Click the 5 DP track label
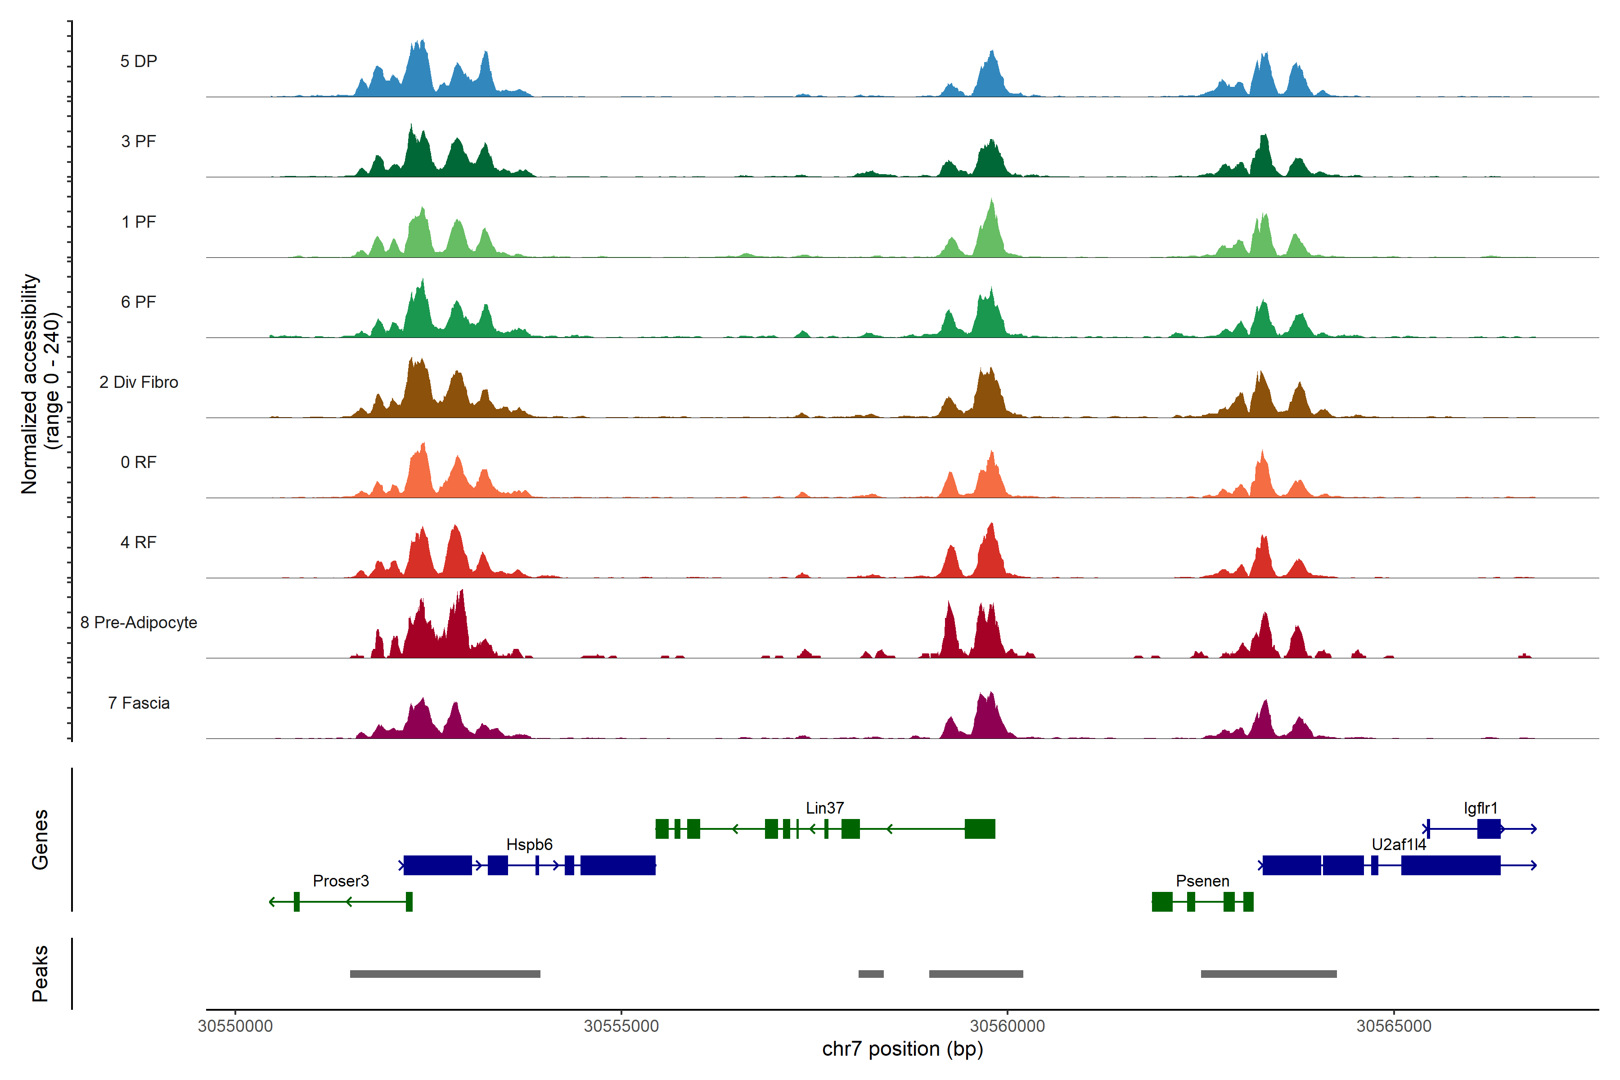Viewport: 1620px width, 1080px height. pos(139,61)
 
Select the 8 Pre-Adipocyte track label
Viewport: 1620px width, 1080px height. pos(139,623)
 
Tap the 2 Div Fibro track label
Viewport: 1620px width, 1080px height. pos(139,382)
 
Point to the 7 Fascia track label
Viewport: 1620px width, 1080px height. pos(139,703)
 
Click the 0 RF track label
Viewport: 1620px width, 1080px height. pos(139,462)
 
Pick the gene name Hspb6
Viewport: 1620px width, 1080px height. pos(529,845)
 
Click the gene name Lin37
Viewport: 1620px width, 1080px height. pos(824,808)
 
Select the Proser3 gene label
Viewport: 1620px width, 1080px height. pos(340,881)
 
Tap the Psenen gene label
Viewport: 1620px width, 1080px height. pos(1202,881)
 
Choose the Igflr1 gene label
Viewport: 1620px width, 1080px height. pos(1480,808)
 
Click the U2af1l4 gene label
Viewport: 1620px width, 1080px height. pos(1398,845)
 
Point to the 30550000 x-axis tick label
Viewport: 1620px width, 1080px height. pos(235,1026)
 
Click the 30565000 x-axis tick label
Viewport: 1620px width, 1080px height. pos(1393,1026)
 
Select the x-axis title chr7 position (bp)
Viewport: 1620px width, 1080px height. pos(902,1049)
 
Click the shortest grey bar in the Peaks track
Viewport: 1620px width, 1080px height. pos(871,974)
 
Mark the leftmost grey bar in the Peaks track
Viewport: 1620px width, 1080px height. pos(445,974)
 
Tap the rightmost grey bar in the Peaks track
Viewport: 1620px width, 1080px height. pos(1268,974)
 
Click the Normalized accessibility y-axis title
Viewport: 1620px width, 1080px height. pos(40,384)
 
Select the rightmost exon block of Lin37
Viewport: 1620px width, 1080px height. pos(980,828)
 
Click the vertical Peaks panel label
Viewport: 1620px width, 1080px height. pos(40,973)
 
